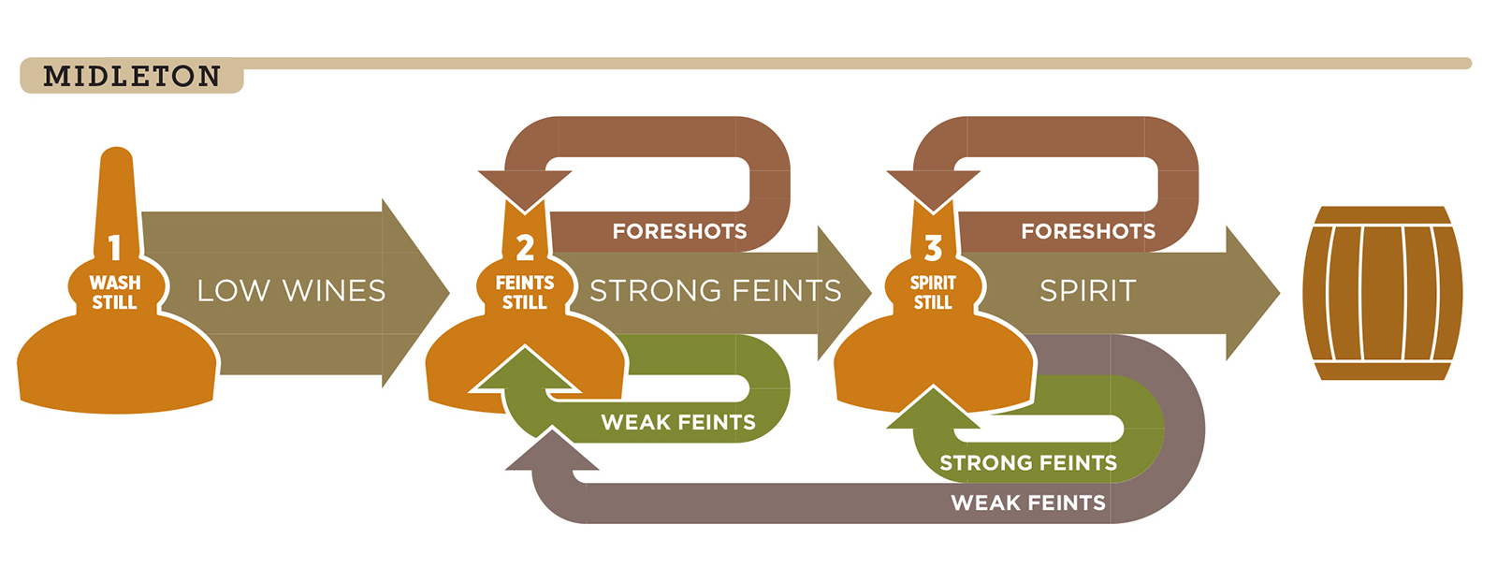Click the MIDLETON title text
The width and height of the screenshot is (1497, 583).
[x=132, y=76]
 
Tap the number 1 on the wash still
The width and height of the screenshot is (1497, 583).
[x=114, y=248]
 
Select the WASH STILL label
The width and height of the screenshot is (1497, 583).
[x=114, y=292]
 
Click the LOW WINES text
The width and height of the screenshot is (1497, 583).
[x=291, y=291]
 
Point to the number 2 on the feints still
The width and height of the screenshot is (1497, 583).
[x=525, y=248]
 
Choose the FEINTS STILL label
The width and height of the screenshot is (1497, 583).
[x=524, y=292]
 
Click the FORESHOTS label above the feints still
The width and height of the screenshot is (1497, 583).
[x=679, y=231]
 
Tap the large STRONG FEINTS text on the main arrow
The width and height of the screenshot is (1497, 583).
[x=715, y=291]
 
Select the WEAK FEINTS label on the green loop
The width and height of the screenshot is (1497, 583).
[x=678, y=422]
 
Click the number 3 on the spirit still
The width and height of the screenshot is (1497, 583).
[x=933, y=248]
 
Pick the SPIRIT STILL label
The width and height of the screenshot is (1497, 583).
[x=933, y=292]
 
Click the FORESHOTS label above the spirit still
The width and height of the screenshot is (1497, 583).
[x=1087, y=231]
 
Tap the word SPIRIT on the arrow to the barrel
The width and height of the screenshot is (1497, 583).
[x=1087, y=291]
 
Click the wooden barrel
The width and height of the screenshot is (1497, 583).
[x=1382, y=293]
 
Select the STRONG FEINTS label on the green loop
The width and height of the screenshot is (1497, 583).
[x=1028, y=462]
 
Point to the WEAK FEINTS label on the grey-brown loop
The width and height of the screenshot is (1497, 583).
[x=1028, y=503]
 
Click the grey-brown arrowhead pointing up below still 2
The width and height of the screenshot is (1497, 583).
[x=552, y=451]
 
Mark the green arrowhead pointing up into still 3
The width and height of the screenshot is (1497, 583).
[x=932, y=410]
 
